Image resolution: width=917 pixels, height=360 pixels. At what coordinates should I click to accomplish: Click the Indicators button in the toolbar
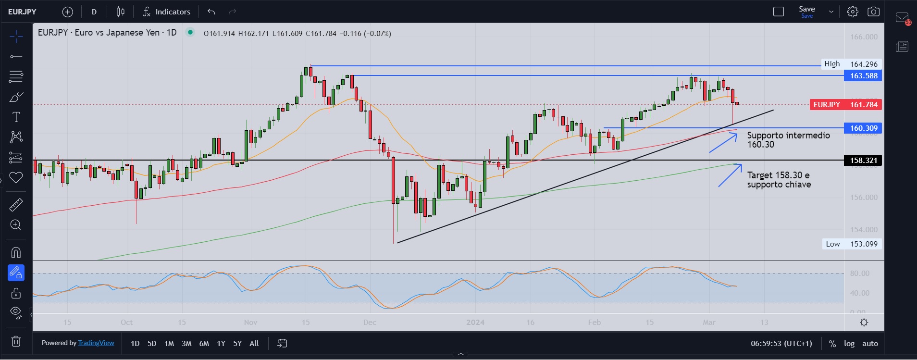(166, 12)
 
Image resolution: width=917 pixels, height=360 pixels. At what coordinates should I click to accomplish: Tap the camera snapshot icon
(873, 12)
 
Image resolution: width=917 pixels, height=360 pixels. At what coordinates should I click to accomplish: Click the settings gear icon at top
(852, 12)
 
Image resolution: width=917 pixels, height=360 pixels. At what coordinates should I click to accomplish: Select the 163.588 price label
(863, 75)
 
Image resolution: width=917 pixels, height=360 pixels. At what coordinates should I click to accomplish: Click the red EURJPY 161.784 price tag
(845, 104)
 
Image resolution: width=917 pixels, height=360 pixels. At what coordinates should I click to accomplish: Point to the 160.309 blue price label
(863, 128)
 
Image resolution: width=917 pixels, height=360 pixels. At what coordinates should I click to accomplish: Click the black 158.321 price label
(863, 160)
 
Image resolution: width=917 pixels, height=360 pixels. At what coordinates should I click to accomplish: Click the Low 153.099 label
(851, 244)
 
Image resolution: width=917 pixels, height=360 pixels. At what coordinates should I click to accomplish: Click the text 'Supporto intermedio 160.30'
(788, 139)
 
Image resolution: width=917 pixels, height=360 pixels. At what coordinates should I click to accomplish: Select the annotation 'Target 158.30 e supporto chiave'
(779, 180)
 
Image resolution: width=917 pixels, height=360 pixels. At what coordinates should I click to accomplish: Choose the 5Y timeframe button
(237, 343)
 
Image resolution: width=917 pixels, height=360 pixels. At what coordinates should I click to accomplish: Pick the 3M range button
(186, 343)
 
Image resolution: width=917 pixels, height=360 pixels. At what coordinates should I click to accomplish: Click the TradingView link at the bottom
(96, 343)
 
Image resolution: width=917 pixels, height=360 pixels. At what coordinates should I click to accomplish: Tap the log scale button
(849, 343)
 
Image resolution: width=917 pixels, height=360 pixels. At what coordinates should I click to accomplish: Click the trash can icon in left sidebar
(16, 341)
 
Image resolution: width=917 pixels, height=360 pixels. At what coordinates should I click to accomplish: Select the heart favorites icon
(16, 177)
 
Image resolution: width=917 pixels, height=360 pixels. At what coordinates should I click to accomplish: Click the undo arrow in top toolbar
(211, 12)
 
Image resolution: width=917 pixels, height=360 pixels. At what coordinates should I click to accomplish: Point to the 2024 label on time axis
(475, 322)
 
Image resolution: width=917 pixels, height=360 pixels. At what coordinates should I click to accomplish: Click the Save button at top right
(806, 12)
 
